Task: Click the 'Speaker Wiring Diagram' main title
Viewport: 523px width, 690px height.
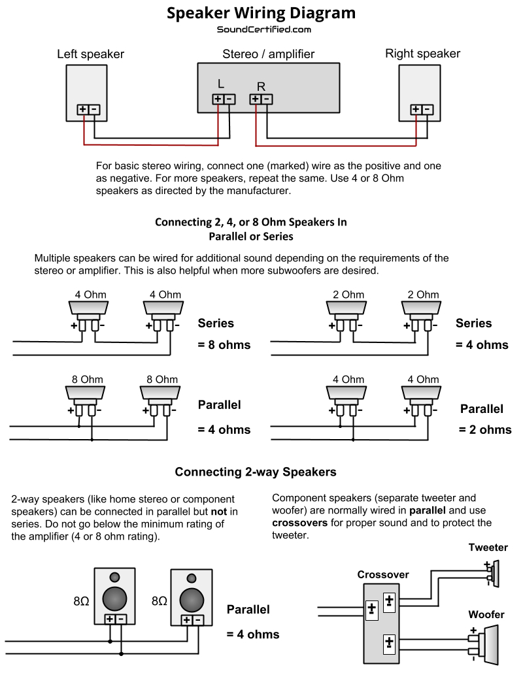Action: [x=261, y=13]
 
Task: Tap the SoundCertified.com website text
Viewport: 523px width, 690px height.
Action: [x=263, y=29]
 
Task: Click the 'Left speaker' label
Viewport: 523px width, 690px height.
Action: [x=90, y=54]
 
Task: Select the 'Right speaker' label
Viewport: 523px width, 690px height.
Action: [x=422, y=54]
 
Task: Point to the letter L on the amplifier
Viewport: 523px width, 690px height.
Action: [x=221, y=84]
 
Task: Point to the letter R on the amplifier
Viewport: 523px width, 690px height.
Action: [x=261, y=86]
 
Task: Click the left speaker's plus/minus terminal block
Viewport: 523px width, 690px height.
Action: [x=88, y=110]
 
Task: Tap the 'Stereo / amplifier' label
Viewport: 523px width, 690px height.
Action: [x=269, y=54]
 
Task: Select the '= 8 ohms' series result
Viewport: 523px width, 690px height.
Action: [x=224, y=345]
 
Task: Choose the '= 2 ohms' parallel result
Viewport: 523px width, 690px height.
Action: [x=485, y=430]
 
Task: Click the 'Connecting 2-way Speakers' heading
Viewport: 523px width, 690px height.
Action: [x=256, y=472]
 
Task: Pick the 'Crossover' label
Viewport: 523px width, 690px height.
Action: [x=383, y=574]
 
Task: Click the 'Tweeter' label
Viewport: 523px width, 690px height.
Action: [x=488, y=548]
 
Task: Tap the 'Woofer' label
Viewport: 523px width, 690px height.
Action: [x=486, y=615]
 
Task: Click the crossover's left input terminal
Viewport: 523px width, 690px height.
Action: [x=371, y=609]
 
